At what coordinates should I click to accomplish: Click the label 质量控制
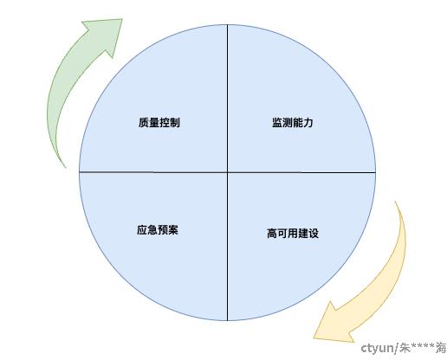159,123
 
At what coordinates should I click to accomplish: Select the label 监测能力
293,123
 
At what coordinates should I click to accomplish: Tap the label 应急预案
158,230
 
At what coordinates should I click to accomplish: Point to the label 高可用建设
293,233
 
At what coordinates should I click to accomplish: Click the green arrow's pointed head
122,20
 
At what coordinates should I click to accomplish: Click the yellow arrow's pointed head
314,337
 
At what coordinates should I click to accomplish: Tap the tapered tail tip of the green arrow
65,167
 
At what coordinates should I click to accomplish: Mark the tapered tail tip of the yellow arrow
395,202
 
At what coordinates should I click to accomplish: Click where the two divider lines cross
227,172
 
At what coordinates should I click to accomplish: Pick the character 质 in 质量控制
144,123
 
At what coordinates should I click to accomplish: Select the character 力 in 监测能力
308,123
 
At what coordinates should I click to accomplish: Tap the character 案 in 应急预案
173,230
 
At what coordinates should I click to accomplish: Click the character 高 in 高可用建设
272,233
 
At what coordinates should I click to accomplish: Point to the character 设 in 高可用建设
314,233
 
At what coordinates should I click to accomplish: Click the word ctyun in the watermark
377,349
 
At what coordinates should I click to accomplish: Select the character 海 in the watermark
441,348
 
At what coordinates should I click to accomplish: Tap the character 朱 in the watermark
405,348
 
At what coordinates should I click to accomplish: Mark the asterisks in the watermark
423,345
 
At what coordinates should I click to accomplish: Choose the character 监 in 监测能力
277,123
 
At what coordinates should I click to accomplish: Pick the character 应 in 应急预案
142,230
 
